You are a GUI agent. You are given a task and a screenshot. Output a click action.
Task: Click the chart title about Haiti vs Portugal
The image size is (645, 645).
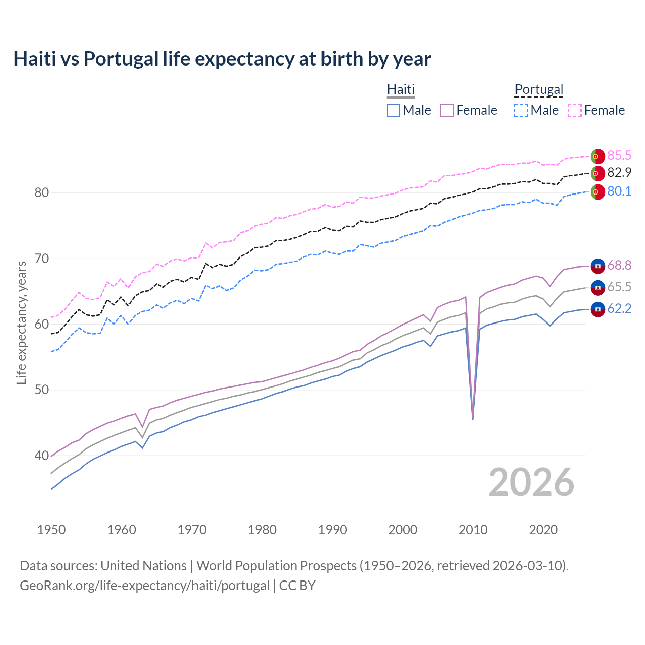(222, 59)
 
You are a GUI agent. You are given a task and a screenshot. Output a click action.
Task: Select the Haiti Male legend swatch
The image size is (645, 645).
(394, 110)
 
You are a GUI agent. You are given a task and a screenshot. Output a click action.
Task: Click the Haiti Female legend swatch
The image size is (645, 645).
(447, 110)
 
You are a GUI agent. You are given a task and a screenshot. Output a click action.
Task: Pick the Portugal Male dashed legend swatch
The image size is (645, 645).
(521, 110)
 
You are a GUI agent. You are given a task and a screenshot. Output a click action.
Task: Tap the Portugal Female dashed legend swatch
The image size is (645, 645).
(575, 110)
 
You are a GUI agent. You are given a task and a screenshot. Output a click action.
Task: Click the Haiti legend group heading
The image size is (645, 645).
(401, 89)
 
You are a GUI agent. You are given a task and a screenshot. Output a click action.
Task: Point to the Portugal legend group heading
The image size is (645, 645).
(539, 89)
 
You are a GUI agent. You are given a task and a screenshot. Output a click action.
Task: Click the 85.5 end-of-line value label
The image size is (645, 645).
(619, 155)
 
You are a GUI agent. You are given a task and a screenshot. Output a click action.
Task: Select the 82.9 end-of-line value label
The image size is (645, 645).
(619, 173)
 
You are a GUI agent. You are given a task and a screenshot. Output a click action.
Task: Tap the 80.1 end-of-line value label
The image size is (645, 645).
(619, 191)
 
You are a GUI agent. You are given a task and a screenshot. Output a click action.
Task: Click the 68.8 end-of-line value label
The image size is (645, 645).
(619, 265)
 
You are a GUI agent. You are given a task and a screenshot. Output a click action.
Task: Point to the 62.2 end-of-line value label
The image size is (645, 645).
(619, 308)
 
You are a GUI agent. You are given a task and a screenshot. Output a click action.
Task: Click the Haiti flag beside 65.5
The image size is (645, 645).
(598, 288)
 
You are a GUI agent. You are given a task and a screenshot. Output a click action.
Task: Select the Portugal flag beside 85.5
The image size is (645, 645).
(598, 156)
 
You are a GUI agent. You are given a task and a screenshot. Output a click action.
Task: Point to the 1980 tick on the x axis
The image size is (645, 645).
(262, 530)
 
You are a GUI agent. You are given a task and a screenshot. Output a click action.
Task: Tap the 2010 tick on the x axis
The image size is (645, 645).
(473, 530)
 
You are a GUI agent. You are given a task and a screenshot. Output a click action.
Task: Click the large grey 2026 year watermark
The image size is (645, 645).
(531, 482)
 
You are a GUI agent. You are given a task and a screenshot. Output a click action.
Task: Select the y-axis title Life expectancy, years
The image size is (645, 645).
(21, 322)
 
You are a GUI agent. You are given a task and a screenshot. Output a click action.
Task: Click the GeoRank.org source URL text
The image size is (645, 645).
(145, 586)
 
